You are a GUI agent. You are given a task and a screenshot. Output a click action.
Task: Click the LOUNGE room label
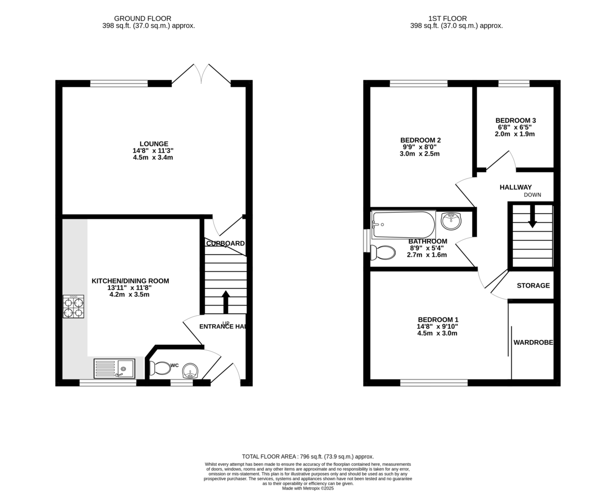(153, 144)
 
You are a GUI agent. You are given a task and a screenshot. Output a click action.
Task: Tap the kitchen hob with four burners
(73, 307)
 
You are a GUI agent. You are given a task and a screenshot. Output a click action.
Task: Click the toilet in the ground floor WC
(160, 368)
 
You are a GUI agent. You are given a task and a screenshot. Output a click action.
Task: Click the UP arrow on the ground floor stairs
(225, 301)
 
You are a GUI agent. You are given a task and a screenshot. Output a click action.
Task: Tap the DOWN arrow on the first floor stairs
(532, 216)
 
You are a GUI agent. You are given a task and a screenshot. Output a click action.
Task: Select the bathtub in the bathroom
(403, 224)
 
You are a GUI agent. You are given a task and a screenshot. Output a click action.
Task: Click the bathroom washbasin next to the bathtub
(451, 221)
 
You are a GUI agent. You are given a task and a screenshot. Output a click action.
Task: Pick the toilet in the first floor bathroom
(383, 253)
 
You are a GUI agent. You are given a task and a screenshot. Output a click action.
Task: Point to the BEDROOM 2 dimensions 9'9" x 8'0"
(420, 147)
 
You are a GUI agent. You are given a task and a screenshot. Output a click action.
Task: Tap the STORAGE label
(533, 286)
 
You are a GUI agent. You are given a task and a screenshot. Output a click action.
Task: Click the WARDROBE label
(533, 343)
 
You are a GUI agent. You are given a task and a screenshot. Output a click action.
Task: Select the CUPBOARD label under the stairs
(225, 243)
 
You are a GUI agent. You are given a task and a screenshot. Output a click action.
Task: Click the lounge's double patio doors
(201, 74)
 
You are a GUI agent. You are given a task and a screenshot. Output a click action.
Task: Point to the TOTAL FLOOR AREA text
(307, 456)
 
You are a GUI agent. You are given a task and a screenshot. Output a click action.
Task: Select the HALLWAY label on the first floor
(515, 187)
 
